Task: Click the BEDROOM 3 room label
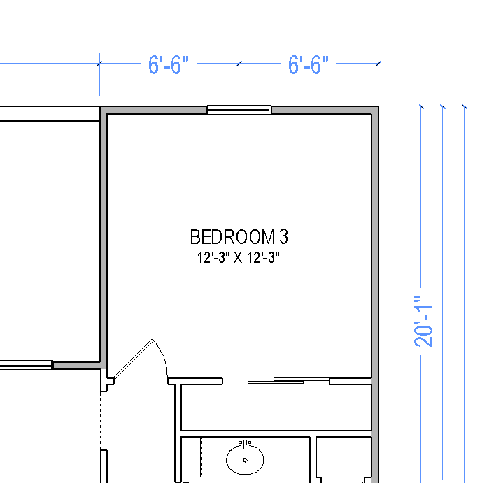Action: (239, 237)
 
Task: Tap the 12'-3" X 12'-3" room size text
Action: (239, 258)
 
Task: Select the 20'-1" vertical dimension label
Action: (423, 322)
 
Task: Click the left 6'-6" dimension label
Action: (169, 65)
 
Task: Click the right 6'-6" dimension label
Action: (308, 65)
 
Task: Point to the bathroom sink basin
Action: (245, 459)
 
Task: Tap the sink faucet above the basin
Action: (245, 444)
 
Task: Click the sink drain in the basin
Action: (245, 460)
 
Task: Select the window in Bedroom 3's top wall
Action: (239, 109)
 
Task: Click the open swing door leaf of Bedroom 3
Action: (133, 359)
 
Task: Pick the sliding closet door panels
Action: (288, 380)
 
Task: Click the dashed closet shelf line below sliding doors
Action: (276, 408)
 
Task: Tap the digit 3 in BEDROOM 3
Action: (283, 237)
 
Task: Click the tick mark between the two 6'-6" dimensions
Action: (239, 64)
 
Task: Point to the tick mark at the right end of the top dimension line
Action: (378, 64)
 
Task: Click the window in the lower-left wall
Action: (26, 365)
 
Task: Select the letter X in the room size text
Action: (238, 258)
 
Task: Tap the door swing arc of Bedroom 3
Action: (161, 356)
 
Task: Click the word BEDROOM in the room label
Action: (233, 237)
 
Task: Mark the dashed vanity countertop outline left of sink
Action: (201, 457)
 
